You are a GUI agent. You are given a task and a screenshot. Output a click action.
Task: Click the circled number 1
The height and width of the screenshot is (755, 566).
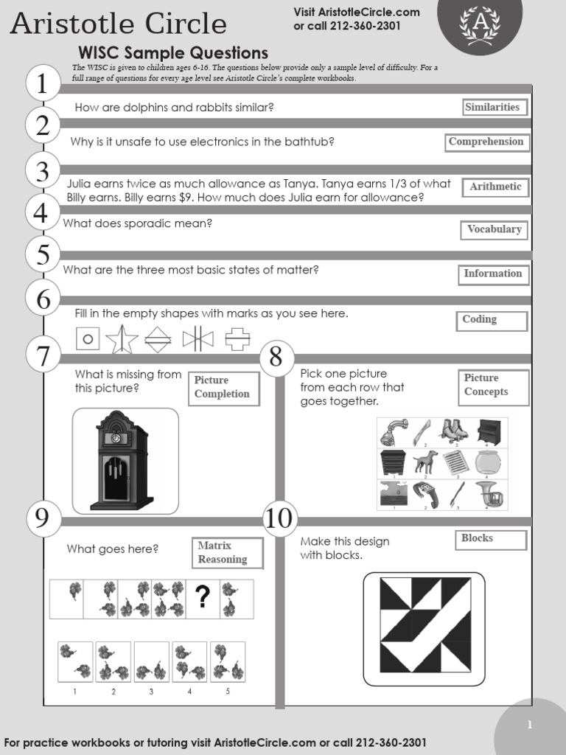click(43, 83)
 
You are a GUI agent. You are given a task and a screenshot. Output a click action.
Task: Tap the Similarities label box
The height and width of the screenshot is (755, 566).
click(492, 108)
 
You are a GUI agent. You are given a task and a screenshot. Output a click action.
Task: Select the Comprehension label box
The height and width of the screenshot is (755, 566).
click(486, 142)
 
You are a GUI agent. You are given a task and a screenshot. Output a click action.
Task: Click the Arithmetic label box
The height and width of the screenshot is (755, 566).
click(495, 187)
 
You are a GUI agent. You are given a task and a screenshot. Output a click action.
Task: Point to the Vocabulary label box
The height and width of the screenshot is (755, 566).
click(494, 230)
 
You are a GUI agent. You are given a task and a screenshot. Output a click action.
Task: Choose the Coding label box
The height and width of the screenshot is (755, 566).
click(492, 321)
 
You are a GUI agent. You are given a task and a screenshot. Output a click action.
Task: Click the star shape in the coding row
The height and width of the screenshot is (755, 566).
click(122, 339)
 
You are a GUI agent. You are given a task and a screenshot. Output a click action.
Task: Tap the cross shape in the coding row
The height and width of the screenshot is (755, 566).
click(237, 339)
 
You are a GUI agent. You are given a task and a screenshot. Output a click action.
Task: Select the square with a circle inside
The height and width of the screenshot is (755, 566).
click(88, 339)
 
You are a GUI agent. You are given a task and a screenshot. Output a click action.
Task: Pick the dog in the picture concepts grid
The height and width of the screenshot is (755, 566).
click(425, 462)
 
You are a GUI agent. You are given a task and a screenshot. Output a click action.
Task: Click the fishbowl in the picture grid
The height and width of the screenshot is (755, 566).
click(488, 463)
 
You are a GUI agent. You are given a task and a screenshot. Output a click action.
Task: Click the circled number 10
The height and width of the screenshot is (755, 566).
click(279, 518)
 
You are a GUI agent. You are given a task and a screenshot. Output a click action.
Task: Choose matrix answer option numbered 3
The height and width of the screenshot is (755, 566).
click(152, 661)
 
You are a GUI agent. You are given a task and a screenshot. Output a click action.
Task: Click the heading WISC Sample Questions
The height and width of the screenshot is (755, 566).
click(174, 53)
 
